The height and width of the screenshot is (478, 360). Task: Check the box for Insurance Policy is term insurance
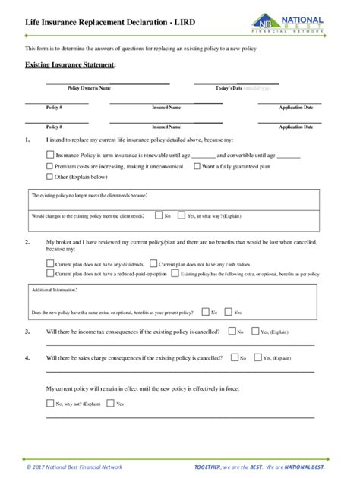pos(49,155)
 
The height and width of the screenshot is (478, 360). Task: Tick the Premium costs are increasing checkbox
pos(49,165)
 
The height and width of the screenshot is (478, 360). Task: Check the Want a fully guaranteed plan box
pos(197,165)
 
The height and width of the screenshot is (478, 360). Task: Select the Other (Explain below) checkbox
pos(49,176)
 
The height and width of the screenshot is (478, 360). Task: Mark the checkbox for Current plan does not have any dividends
pos(49,263)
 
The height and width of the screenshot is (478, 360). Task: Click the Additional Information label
pos(54,291)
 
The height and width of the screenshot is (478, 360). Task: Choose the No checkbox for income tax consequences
pos(232,332)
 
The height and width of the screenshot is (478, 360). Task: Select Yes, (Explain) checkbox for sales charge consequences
pos(256,357)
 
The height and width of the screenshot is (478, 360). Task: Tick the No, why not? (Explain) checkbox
pos(49,404)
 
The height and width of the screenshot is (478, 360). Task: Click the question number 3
pos(27,332)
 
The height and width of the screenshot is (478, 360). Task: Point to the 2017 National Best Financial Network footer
pos(74,467)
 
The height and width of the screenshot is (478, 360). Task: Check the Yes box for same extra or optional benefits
pos(227,312)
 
